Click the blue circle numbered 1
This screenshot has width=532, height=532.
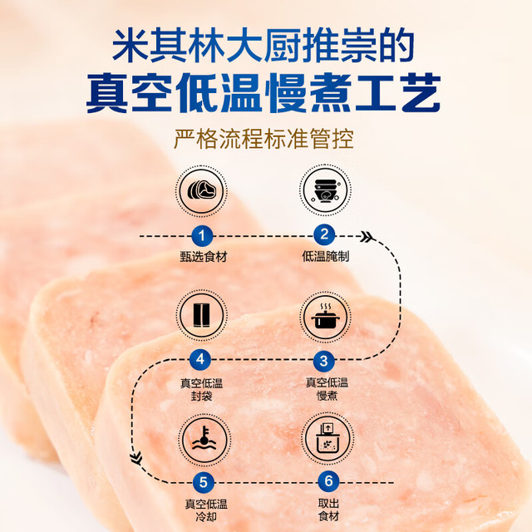(202, 235)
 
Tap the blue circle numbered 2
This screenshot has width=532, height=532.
(324, 234)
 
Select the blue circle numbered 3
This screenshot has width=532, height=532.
(324, 361)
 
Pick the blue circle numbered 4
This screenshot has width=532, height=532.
(200, 359)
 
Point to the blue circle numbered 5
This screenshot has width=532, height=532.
(203, 482)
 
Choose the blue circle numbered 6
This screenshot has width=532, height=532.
(329, 481)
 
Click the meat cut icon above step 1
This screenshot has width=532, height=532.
(201, 190)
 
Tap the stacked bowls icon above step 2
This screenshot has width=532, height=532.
(325, 190)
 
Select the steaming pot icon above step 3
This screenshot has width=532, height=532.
(325, 317)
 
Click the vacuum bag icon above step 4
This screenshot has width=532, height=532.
(201, 315)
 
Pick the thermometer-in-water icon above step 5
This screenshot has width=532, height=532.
(204, 440)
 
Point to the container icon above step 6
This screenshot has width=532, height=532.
(328, 438)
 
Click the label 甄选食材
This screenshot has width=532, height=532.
(203, 257)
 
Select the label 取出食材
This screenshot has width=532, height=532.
(329, 510)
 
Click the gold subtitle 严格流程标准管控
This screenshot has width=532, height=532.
(264, 139)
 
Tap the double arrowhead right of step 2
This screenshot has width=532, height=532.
(367, 236)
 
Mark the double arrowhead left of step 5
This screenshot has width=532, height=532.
(136, 458)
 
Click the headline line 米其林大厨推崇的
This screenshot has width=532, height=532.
(264, 46)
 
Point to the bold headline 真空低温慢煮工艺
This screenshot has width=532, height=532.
(264, 93)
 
